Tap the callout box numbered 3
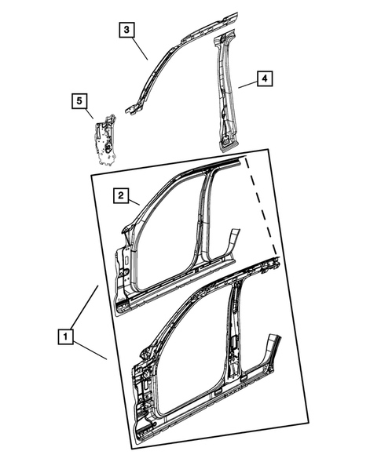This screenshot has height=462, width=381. [x=126, y=31]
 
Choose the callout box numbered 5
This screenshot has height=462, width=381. [x=79, y=100]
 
